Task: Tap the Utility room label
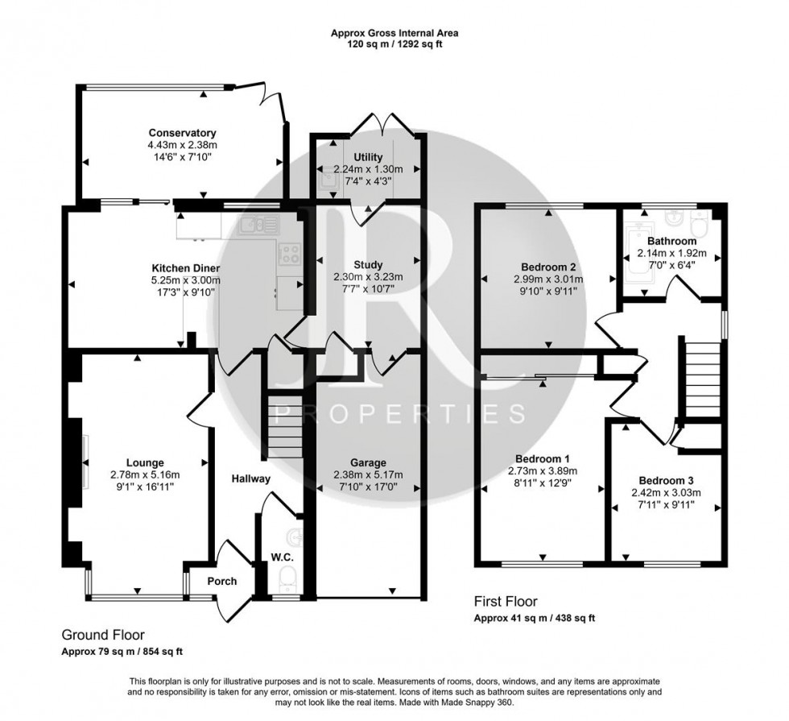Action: tap(368, 157)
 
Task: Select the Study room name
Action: tap(368, 264)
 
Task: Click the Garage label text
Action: tap(368, 462)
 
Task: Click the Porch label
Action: tap(222, 581)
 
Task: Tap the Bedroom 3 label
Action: tap(665, 479)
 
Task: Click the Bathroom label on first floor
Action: tap(673, 241)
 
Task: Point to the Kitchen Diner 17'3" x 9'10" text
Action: tap(186, 292)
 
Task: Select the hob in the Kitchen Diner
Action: tap(289, 255)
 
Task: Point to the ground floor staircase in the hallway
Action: tap(282, 428)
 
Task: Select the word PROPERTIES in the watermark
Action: tap(400, 414)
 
